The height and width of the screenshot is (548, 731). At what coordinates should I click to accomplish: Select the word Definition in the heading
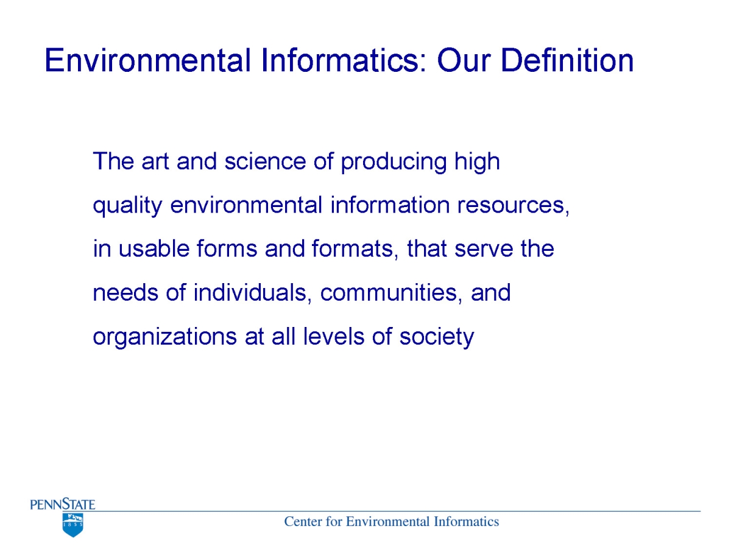coord(567,60)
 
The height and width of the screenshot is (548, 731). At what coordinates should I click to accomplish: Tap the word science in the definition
coord(266,161)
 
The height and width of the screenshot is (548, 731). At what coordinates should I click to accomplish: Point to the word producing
coord(394,163)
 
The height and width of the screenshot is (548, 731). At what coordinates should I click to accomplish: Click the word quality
coord(127,206)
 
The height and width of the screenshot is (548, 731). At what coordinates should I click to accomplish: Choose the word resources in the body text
coord(513,205)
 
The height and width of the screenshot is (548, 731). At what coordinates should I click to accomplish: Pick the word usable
coord(154,248)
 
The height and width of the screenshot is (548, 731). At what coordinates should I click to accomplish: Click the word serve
coord(484,249)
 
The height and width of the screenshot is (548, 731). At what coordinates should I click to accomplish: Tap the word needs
coord(125,292)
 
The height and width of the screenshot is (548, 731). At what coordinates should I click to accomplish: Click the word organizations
coord(164,337)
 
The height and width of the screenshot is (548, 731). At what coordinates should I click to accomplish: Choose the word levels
coord(333,336)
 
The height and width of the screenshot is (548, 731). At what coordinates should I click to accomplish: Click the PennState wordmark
coord(63,504)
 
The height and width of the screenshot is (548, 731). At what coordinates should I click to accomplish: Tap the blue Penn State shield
coord(73,525)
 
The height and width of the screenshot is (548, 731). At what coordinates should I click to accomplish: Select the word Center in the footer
coord(303,522)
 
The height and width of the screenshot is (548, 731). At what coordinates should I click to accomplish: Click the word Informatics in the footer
coord(466,522)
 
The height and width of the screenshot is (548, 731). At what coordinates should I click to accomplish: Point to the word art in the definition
coord(155,162)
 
